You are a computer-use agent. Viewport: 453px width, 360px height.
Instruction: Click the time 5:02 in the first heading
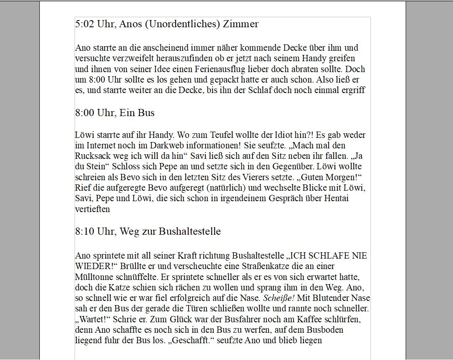[x=85, y=24]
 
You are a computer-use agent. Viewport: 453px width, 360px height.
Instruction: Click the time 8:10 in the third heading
[x=85, y=231]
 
